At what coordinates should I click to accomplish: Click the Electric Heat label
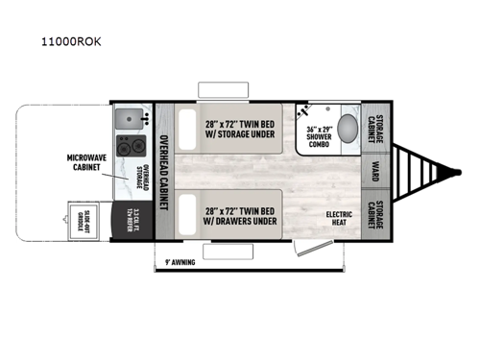click(341, 219)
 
